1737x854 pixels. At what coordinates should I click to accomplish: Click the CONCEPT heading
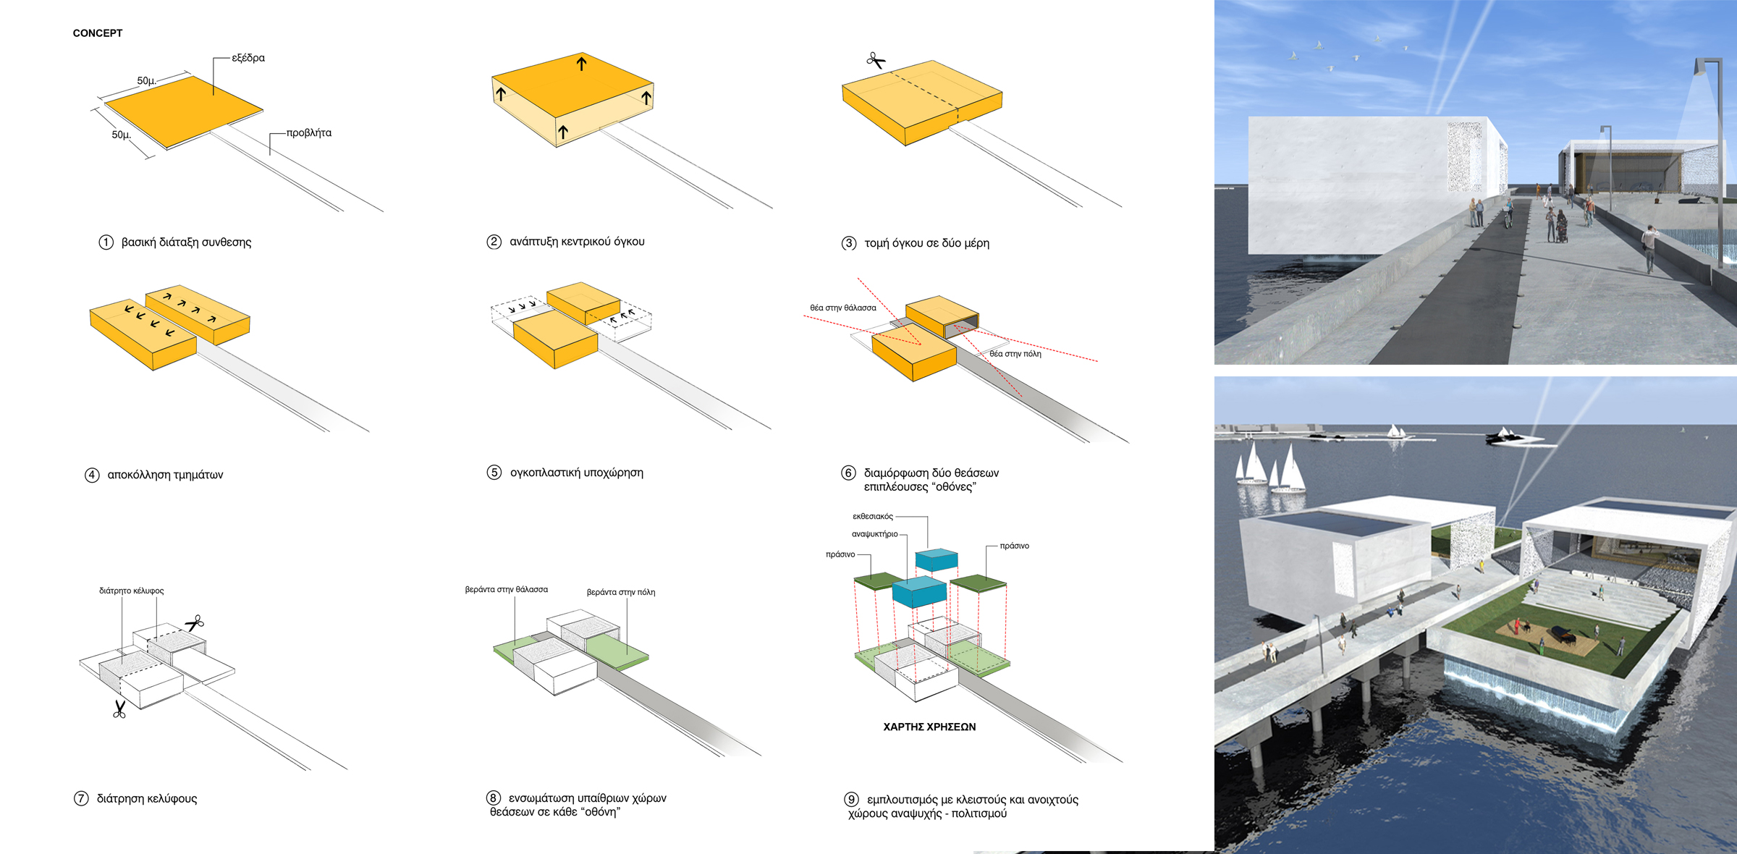(x=98, y=33)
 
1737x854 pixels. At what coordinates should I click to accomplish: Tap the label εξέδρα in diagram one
(x=248, y=58)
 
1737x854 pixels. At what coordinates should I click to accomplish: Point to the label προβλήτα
(x=309, y=133)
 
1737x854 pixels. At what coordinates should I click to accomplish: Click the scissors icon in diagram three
(x=876, y=61)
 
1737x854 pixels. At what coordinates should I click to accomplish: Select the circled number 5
(x=494, y=473)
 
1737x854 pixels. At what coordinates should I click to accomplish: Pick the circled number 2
(x=494, y=242)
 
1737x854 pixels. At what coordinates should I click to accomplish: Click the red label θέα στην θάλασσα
(x=843, y=308)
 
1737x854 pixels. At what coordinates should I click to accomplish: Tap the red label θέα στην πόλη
(x=1015, y=354)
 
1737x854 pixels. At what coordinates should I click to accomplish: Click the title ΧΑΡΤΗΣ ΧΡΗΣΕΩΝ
(x=929, y=727)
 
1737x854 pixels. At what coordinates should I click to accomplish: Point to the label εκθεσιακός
(x=873, y=517)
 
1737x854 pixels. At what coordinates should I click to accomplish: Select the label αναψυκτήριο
(x=874, y=534)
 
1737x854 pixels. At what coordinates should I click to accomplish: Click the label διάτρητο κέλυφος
(x=132, y=591)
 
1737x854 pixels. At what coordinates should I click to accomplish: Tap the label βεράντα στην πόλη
(x=621, y=592)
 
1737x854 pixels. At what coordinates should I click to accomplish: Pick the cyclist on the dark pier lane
(x=1508, y=215)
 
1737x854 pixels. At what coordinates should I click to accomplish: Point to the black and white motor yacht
(x=1514, y=436)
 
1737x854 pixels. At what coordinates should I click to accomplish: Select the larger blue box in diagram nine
(x=919, y=591)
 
